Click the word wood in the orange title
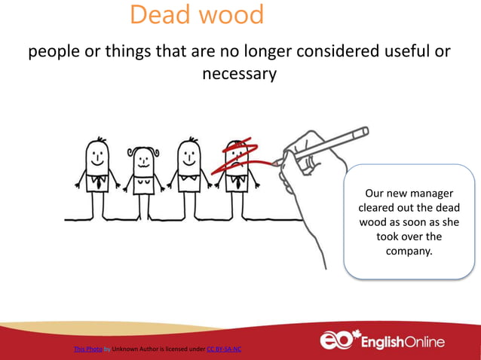pyautogui.click(x=231, y=15)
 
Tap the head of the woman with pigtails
pyautogui.click(x=143, y=159)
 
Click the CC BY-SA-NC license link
pyautogui.click(x=223, y=349)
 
